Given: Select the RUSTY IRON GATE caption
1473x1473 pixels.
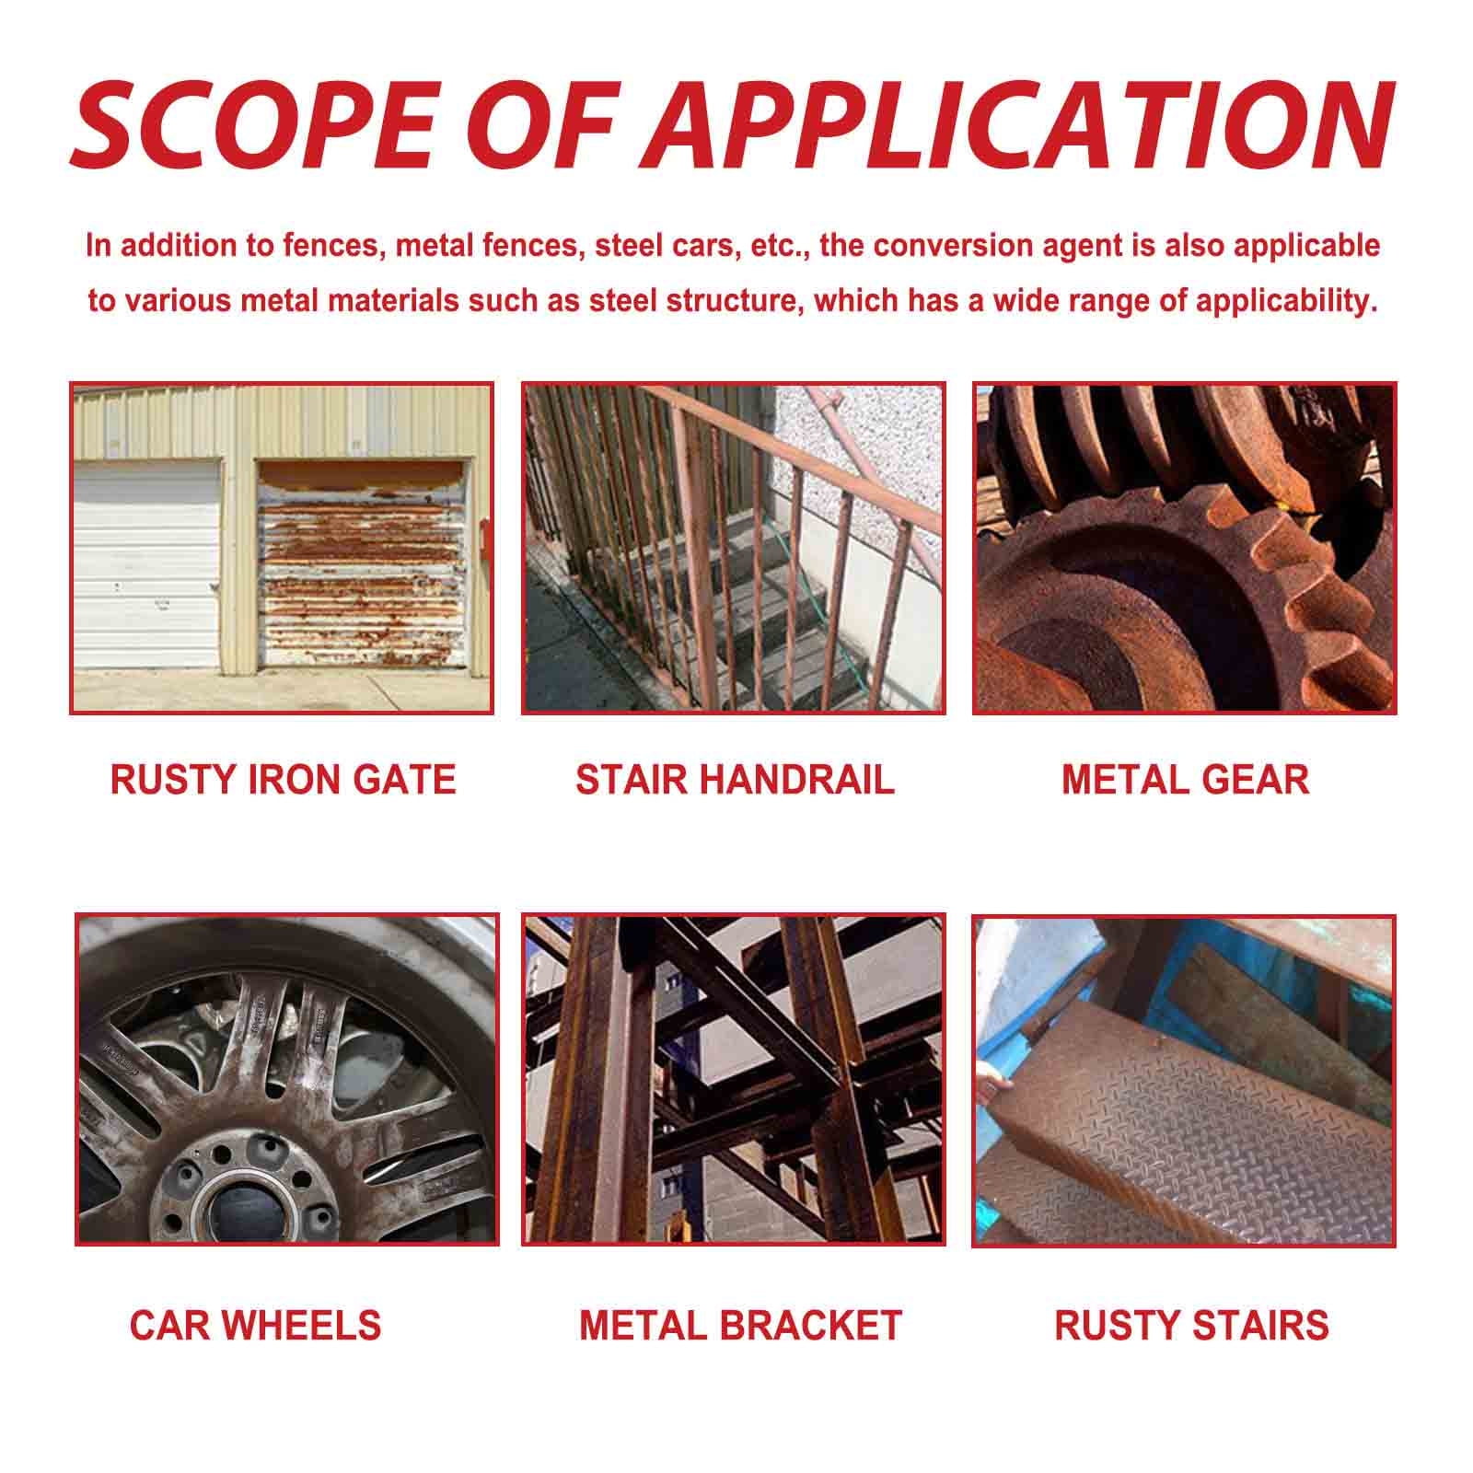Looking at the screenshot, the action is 283,780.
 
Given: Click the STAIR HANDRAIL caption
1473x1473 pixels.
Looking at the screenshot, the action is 735,780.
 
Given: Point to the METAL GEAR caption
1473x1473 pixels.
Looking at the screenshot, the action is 1185,780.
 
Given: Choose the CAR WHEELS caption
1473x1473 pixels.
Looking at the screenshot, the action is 255,1325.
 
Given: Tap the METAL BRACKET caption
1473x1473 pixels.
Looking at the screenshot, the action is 740,1325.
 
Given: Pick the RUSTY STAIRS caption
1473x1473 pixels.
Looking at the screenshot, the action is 1191,1325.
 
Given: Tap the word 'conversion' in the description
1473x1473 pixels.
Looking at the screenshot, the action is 951,247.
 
